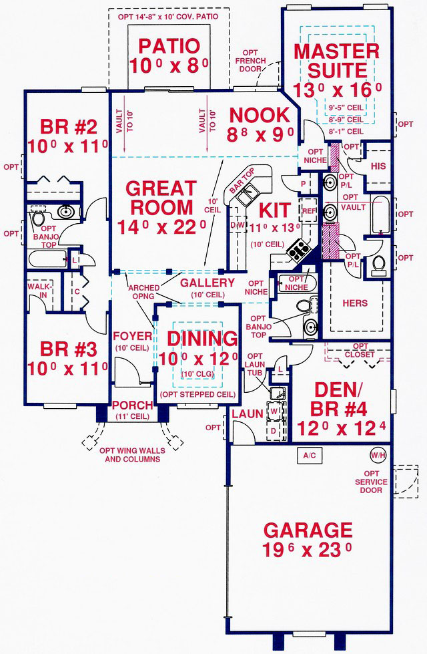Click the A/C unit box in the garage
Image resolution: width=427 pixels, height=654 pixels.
(x=309, y=456)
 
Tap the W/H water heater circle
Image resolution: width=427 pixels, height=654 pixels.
(x=378, y=455)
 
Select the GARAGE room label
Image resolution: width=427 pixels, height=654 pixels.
(x=308, y=530)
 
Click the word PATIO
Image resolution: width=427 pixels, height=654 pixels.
(x=169, y=46)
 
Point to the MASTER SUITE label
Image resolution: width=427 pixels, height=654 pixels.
(x=337, y=61)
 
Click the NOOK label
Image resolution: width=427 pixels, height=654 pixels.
(x=259, y=115)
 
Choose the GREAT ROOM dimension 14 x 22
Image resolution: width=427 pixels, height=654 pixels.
(x=161, y=228)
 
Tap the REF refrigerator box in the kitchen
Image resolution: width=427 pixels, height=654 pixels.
(x=309, y=211)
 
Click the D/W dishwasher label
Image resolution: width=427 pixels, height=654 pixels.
(x=236, y=225)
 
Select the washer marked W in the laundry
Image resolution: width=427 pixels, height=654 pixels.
(x=274, y=410)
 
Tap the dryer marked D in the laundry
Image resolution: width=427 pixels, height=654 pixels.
(x=274, y=431)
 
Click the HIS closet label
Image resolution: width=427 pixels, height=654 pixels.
(x=378, y=166)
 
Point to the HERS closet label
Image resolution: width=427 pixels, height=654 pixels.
(x=355, y=303)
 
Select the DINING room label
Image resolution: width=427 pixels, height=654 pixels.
(x=202, y=338)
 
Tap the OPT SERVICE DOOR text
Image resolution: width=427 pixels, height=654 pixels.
(x=371, y=482)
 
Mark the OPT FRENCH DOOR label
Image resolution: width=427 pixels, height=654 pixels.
(x=250, y=61)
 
